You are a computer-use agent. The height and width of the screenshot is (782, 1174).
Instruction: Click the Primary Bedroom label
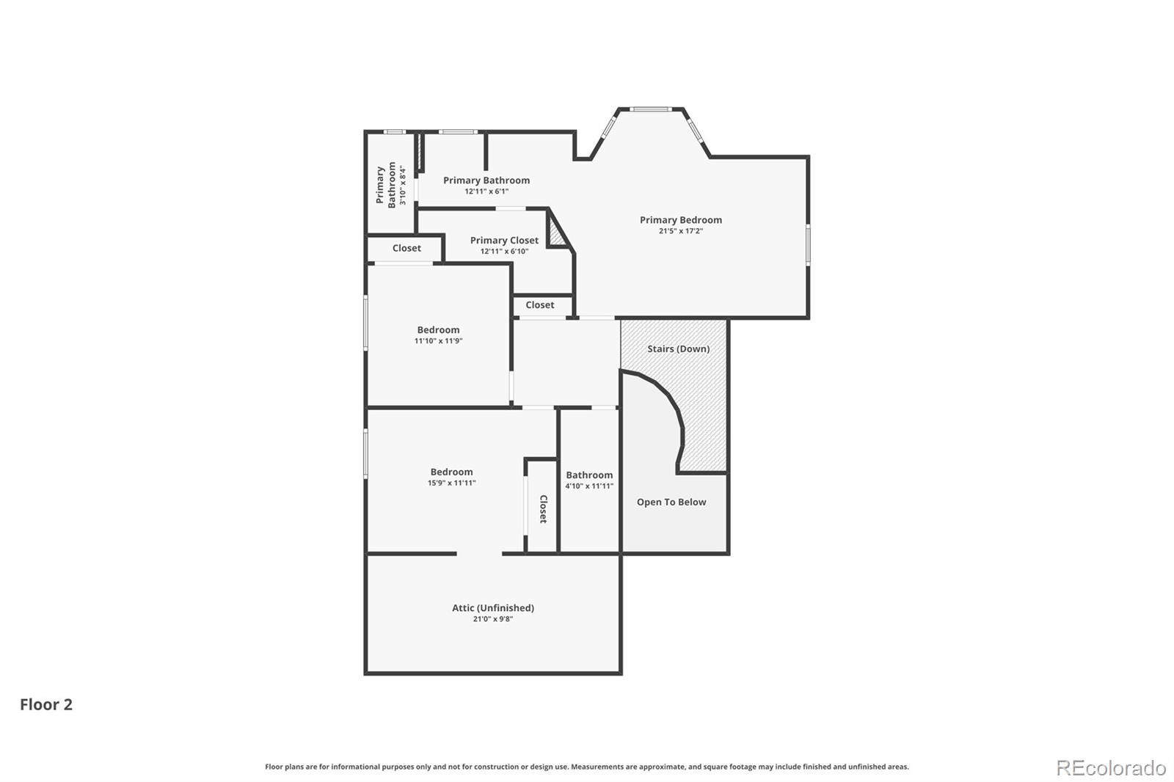[x=681, y=220]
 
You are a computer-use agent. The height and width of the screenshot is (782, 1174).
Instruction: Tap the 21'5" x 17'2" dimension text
[x=681, y=231]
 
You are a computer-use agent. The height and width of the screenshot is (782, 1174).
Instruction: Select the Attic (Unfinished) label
[x=493, y=608]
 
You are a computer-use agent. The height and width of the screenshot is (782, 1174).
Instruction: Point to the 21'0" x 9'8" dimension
[x=493, y=619]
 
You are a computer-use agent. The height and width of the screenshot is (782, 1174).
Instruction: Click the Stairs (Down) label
[x=678, y=349]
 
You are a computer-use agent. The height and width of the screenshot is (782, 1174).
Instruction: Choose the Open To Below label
[x=671, y=502]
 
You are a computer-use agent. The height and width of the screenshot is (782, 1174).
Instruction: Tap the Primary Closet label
[x=504, y=241]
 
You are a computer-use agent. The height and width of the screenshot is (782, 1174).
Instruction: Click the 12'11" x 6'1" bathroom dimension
[x=486, y=191]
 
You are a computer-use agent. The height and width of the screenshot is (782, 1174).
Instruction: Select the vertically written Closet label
[x=544, y=509]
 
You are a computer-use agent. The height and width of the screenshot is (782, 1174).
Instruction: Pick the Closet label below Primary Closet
[x=540, y=305]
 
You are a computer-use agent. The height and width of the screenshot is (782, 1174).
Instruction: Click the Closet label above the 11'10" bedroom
[x=406, y=249]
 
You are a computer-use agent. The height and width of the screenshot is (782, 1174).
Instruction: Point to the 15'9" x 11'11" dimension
[x=452, y=483]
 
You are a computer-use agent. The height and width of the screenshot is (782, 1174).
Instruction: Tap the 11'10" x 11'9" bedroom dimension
[x=439, y=341]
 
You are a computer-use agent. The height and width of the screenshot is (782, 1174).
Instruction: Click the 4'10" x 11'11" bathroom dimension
[x=589, y=486]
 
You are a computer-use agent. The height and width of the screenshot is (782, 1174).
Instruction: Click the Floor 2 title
[x=46, y=704]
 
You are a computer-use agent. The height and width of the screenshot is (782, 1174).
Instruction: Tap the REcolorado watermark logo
[x=1111, y=768]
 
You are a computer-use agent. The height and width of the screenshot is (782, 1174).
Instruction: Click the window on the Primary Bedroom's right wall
[x=808, y=244]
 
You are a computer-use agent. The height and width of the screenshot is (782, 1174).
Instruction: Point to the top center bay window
[x=650, y=109]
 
